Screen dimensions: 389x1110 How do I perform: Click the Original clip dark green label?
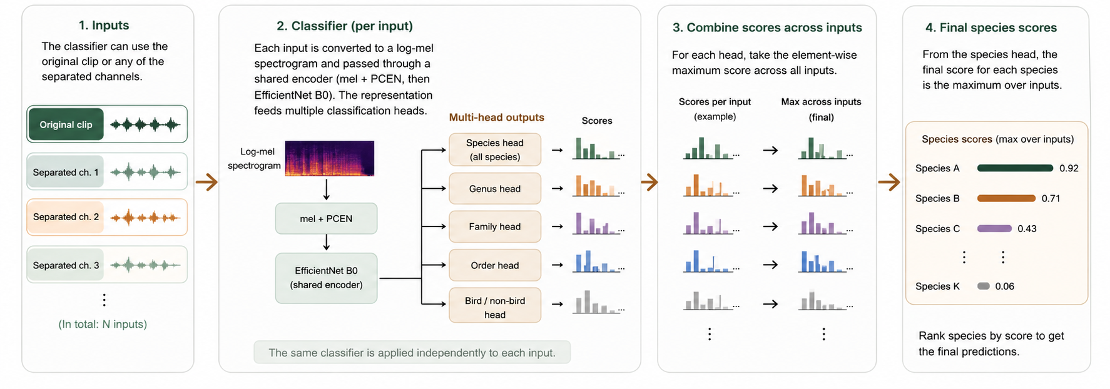tap(66, 124)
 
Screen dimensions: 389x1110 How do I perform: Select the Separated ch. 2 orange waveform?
tap(145, 218)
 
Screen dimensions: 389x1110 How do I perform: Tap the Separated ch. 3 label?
tap(66, 265)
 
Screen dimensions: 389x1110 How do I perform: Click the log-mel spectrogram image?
tap(329, 158)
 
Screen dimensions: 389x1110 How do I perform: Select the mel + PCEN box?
tap(326, 218)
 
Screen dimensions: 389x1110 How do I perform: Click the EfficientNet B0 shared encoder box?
tap(326, 278)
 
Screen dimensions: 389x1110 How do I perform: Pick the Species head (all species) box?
tap(494, 149)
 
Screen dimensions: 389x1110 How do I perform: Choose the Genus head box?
tap(494, 188)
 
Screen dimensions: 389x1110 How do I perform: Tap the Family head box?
tap(494, 226)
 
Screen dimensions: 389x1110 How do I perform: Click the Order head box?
tap(494, 265)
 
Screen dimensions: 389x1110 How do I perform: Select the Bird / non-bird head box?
tap(494, 307)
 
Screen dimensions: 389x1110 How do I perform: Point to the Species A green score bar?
tap(1014, 168)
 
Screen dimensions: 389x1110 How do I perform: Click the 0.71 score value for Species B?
tap(1051, 198)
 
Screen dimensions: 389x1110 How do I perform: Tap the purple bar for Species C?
tap(994, 228)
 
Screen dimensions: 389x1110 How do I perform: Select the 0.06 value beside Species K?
tap(1004, 286)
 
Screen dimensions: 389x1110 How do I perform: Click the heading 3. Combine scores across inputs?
tap(767, 28)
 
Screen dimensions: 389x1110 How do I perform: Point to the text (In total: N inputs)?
tap(103, 324)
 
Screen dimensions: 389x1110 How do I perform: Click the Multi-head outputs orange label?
tap(496, 117)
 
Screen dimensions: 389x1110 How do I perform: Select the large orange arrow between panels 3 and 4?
tap(889, 182)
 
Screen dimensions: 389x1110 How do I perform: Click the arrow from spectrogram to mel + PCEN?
tap(326, 189)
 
